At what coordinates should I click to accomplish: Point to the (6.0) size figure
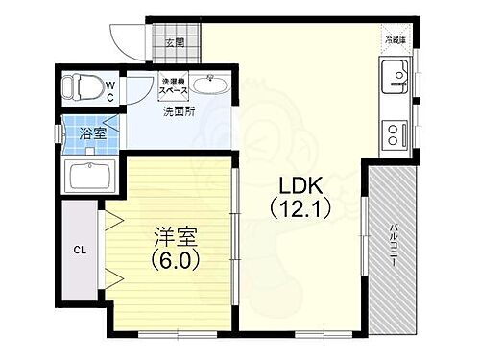point(174,259)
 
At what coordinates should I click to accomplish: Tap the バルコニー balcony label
point(395,245)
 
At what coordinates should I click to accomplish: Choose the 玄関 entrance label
point(175,43)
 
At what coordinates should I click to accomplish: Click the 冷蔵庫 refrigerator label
point(395,40)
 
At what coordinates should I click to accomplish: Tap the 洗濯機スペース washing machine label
point(174,84)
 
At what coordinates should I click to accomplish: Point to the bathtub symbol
point(88,177)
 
